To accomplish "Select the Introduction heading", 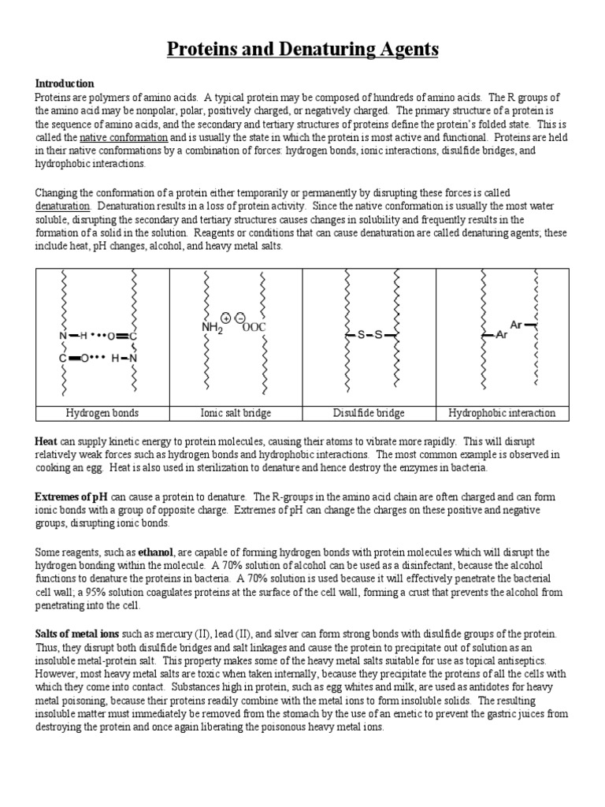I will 64,84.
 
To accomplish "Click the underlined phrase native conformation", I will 125,136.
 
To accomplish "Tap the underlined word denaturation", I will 62,206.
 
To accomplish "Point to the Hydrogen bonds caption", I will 102,413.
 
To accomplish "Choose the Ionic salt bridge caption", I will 236,413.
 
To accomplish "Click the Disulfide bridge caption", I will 369,413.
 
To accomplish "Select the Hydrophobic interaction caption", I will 502,413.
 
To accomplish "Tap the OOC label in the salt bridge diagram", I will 255,326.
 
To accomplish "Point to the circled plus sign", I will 226,317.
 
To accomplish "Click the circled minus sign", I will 239,317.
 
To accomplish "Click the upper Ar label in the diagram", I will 516,325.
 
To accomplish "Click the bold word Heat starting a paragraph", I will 46,441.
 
